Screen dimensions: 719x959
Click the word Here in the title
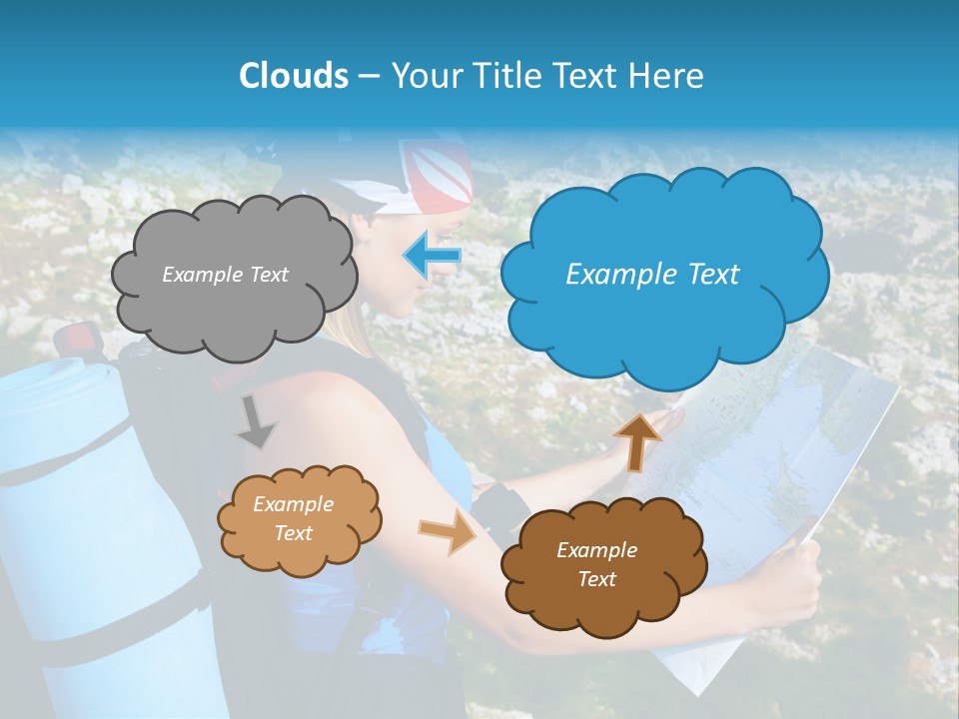(x=669, y=76)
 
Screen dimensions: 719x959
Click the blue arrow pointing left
(x=433, y=256)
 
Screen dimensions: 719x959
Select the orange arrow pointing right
(x=450, y=533)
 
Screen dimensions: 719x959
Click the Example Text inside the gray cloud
(x=226, y=275)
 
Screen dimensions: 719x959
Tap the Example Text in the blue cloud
(x=652, y=275)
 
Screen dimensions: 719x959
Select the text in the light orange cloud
(x=294, y=519)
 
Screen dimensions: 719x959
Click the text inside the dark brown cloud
(x=597, y=564)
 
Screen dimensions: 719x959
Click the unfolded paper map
(x=789, y=439)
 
